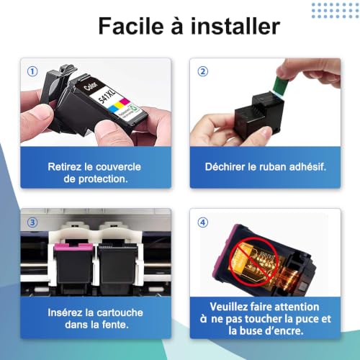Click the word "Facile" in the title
(131, 26)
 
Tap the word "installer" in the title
(235, 26)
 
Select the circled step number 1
(32, 71)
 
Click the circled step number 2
(203, 71)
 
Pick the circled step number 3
(32, 222)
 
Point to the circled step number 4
(203, 222)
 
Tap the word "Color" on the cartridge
(91, 86)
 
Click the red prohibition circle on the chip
(253, 261)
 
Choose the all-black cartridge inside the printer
(117, 266)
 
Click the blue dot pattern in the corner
(335, 10)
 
